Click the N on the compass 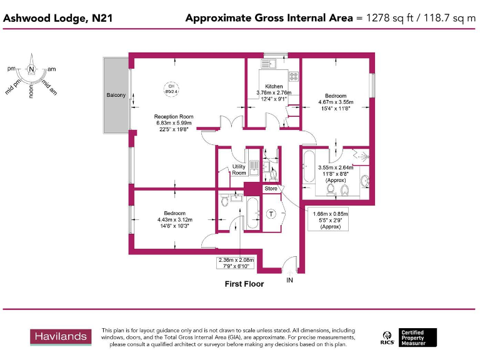pos(31,68)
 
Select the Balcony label pos(116,95)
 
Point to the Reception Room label pos(174,116)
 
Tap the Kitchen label pos(274,86)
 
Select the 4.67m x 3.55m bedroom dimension pos(336,102)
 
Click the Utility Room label pos(239,169)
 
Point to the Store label pos(271,188)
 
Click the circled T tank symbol pos(271,214)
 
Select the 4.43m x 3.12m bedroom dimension pos(175,219)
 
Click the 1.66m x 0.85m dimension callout pos(330,219)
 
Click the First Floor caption pos(244,284)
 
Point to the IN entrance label pos(289,281)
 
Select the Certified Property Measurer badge pos(409,337)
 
